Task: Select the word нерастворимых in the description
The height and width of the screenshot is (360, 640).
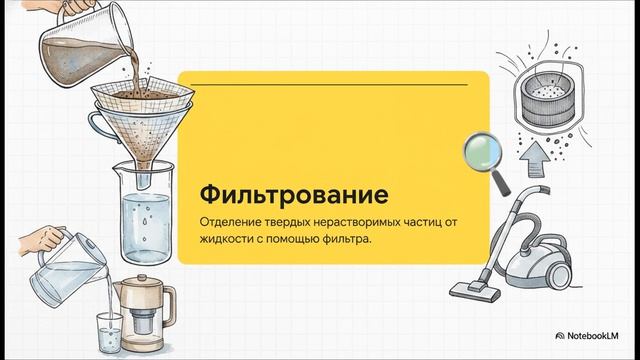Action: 359,219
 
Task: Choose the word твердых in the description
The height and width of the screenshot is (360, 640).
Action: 293,219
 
